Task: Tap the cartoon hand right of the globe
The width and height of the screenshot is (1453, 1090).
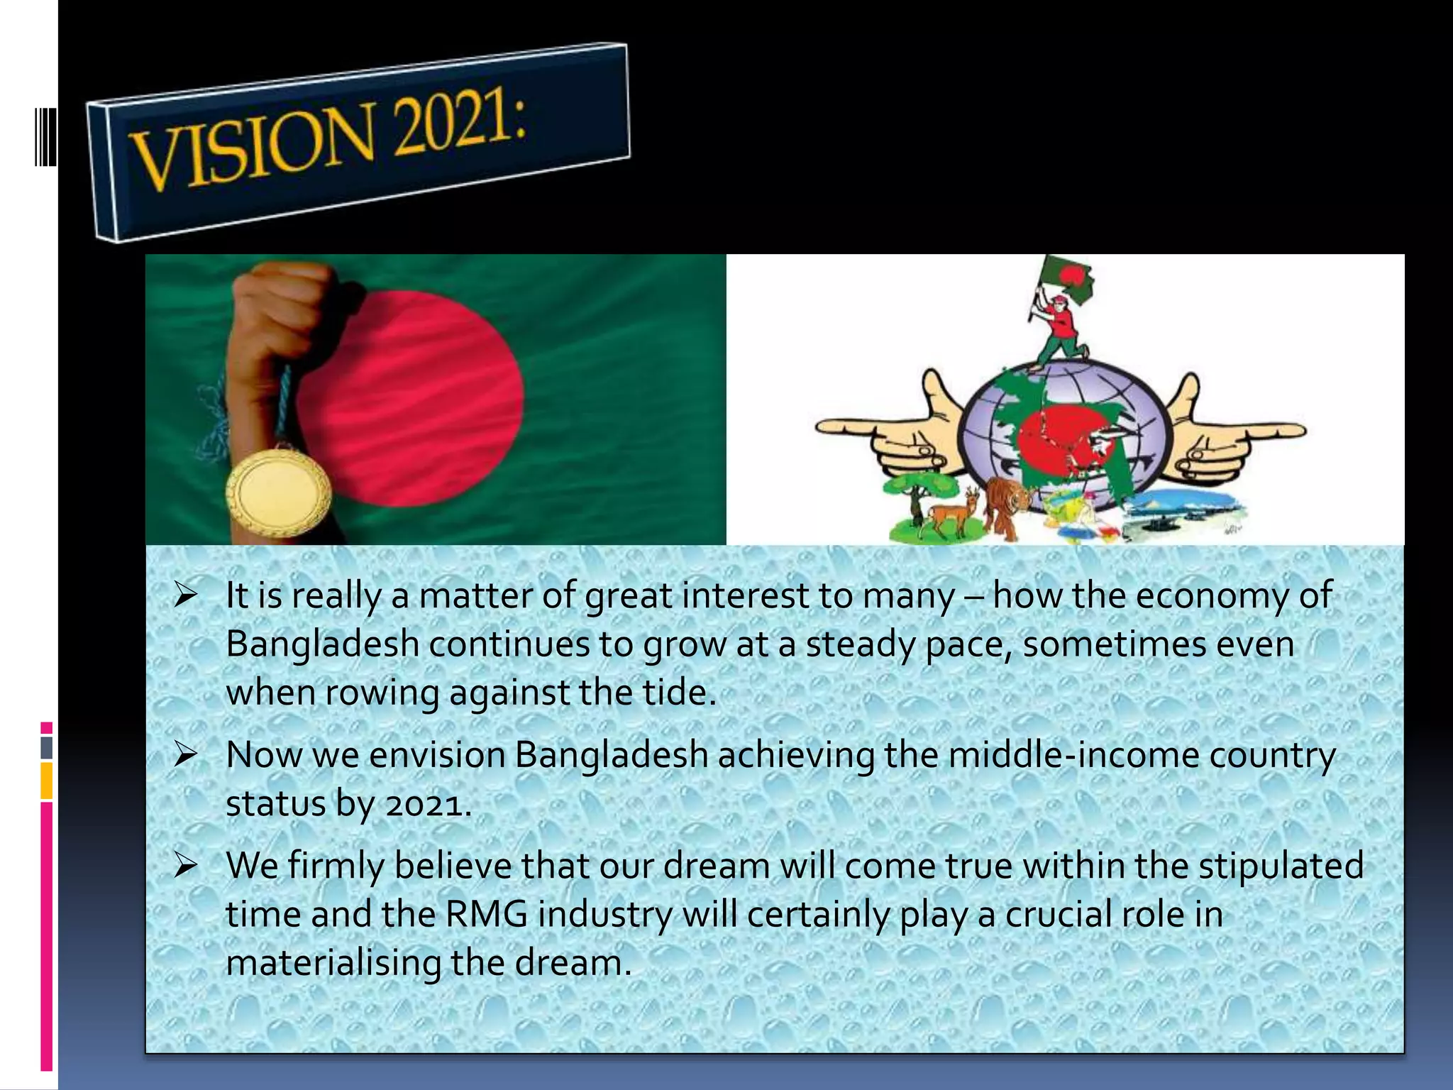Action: [x=1234, y=433]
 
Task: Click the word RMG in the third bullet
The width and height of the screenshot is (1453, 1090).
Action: [x=486, y=914]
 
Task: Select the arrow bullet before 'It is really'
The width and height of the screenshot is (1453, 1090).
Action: [x=185, y=595]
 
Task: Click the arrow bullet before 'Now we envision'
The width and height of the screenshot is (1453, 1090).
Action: [x=185, y=755]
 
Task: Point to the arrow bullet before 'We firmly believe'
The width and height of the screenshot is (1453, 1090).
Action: [x=185, y=866]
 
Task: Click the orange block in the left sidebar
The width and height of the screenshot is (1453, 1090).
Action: [x=46, y=781]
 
